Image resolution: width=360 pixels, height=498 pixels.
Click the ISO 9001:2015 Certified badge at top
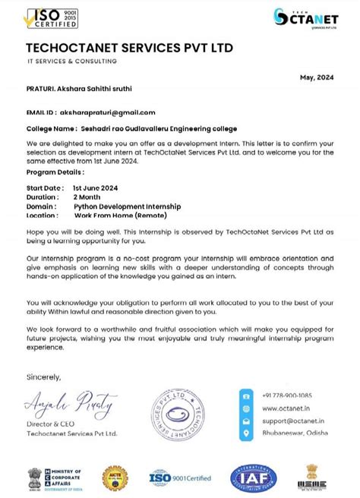[53, 17]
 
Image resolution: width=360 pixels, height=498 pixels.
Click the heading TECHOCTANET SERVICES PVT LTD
[130, 48]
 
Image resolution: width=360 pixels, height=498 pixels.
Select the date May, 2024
[317, 77]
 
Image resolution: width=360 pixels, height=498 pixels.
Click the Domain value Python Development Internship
[127, 206]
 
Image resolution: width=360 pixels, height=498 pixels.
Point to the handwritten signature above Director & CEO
[70, 399]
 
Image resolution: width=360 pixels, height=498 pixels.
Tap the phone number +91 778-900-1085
[286, 396]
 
